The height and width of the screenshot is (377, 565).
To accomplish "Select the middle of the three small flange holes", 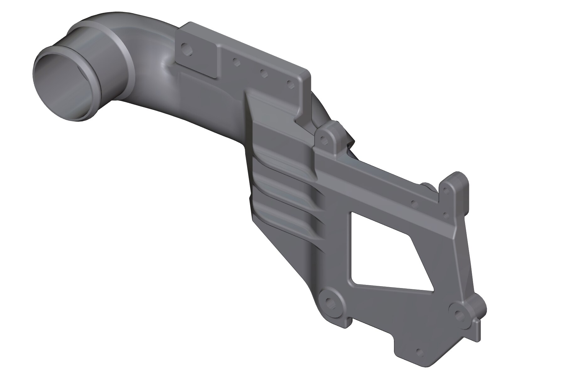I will [x=264, y=73].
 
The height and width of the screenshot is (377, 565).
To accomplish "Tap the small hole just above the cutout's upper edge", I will [x=414, y=204].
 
